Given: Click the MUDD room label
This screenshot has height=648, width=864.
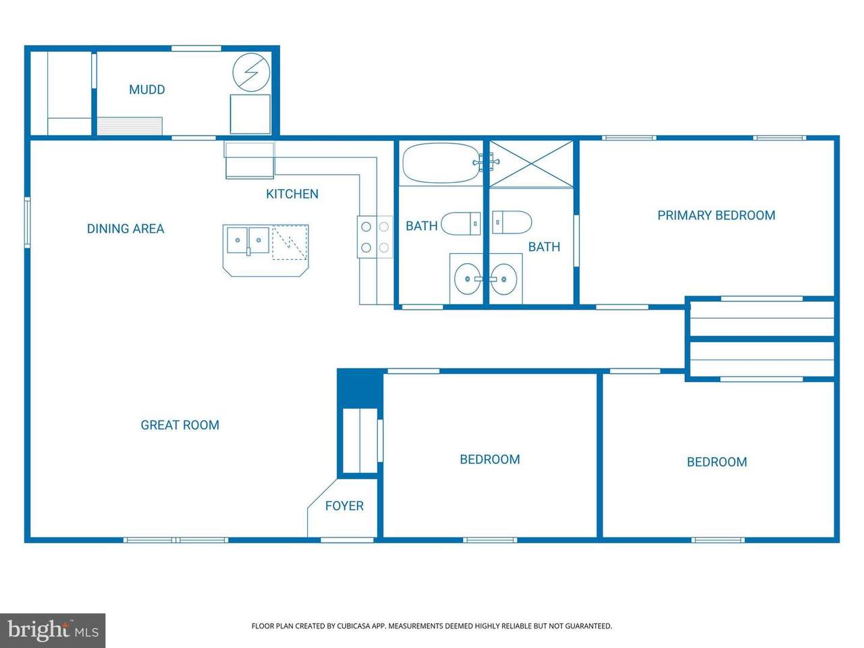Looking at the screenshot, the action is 147,90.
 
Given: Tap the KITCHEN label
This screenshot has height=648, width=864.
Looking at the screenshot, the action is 292,194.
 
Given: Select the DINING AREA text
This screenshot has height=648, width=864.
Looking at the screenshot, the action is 126,229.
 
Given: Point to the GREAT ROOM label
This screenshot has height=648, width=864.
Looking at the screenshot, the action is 180,425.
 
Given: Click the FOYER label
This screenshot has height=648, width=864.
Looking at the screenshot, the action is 344,506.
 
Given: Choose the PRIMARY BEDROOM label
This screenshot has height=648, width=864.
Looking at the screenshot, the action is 716,215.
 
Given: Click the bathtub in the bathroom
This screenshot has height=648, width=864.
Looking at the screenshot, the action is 441,163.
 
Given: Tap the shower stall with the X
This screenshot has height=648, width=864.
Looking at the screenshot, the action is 531,163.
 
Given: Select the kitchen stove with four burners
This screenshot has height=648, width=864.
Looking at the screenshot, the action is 375,237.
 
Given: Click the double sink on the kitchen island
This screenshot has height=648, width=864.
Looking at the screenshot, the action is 248,240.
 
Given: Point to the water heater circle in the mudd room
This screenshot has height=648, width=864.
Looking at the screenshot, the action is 251,72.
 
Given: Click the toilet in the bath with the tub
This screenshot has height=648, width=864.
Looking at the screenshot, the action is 460,223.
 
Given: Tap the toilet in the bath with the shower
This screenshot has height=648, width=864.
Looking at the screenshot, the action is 512,222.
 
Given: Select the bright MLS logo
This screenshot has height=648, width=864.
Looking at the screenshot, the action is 53,630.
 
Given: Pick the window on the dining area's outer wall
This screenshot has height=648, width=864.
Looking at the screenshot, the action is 27,223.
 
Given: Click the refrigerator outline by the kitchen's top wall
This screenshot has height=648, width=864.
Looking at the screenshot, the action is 249,161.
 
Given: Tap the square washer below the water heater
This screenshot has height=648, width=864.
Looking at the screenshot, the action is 250,114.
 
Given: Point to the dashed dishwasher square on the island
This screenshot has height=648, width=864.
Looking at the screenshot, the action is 290,242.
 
